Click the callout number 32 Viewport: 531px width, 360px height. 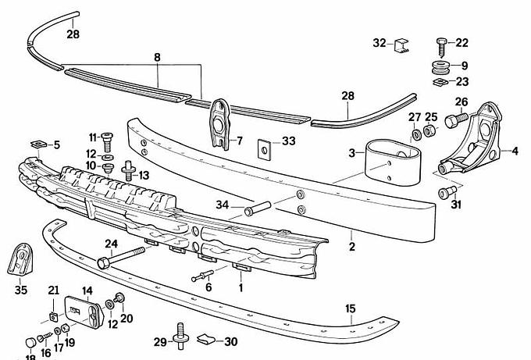pyautogui.click(x=380, y=43)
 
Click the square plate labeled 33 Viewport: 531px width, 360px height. pyautogui.click(x=266, y=145)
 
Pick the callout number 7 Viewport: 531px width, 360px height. pyautogui.click(x=240, y=141)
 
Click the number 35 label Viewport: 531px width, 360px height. pyautogui.click(x=21, y=290)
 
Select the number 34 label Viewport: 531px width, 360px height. pyautogui.click(x=222, y=205)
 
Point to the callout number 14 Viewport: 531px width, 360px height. pyautogui.click(x=87, y=290)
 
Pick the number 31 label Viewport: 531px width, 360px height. pyautogui.click(x=457, y=205)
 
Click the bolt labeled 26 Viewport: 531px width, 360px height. pyautogui.click(x=455, y=120)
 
